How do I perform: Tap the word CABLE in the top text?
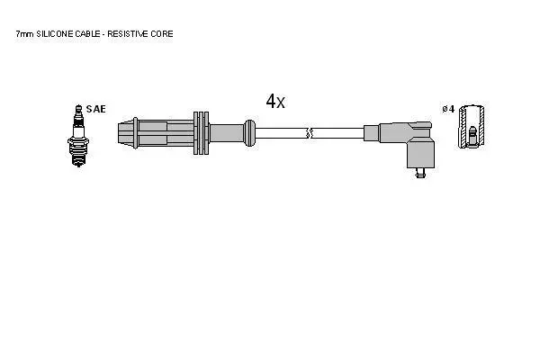(87, 34)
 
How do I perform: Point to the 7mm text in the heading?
(24, 34)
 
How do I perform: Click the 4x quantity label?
(275, 101)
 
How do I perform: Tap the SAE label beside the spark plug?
(95, 109)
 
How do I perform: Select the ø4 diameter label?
(448, 109)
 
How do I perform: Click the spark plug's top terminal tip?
(78, 107)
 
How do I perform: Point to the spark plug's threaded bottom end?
(78, 160)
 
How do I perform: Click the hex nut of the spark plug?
(78, 141)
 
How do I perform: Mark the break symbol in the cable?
(310, 133)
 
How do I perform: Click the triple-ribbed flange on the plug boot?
(201, 133)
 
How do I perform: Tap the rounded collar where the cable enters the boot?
(250, 133)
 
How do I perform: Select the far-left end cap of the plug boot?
(125, 134)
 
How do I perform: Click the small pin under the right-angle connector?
(419, 173)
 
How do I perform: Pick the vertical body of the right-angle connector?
(420, 153)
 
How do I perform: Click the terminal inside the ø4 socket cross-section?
(472, 136)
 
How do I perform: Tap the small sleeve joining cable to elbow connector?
(372, 133)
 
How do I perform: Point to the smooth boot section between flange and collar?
(226, 133)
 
